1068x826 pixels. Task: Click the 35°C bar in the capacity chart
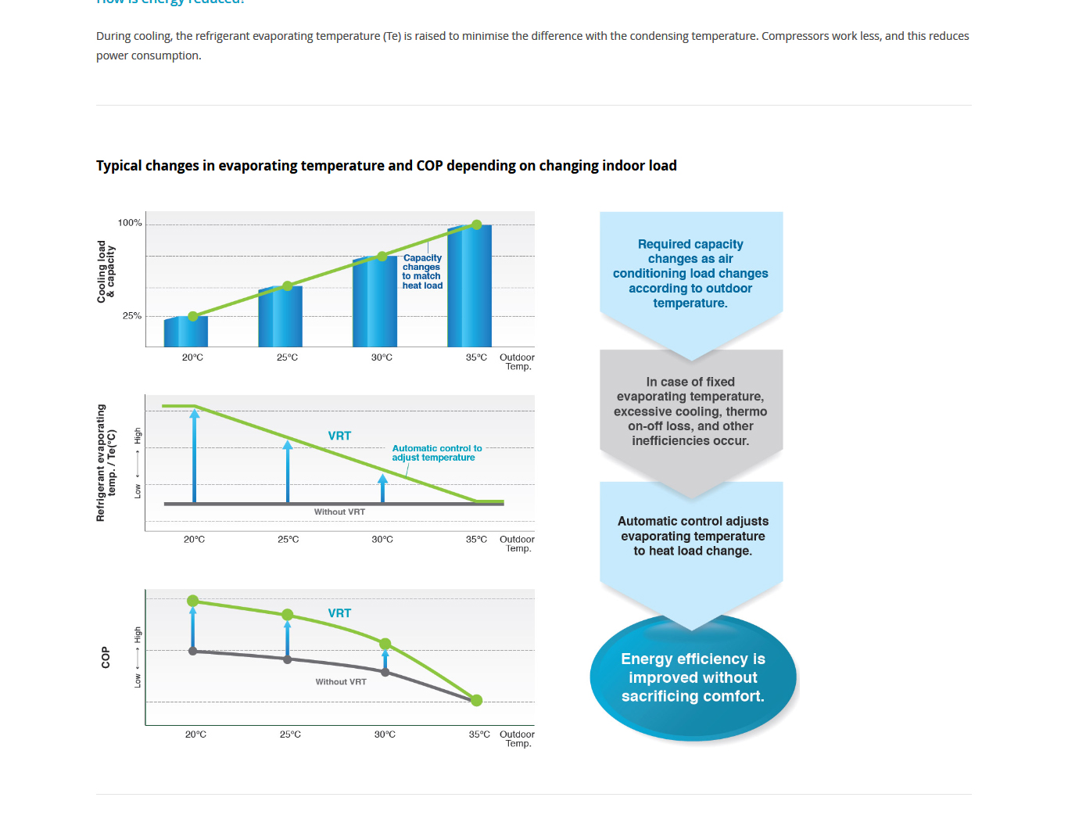point(470,286)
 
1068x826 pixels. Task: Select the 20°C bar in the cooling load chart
point(186,332)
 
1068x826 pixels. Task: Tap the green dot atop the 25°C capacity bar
point(288,286)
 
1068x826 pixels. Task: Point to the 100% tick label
point(130,223)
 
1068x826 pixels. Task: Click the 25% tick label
point(132,316)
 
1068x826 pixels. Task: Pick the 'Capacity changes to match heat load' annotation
point(422,271)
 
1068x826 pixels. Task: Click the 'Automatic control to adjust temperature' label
point(436,453)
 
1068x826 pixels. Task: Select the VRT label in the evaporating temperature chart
point(339,436)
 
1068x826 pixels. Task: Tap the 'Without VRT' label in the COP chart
point(341,682)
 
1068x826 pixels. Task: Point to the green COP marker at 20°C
point(193,601)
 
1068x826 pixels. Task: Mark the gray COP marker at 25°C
point(288,659)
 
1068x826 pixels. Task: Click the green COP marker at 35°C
point(477,700)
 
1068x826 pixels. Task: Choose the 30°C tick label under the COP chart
point(385,734)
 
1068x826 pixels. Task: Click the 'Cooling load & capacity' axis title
point(106,271)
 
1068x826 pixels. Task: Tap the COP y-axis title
point(106,658)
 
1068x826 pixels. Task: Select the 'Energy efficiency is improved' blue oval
point(693,677)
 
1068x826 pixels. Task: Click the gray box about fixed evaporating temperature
point(690,411)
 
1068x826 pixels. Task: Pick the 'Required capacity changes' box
point(690,274)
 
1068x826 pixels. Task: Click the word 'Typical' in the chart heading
point(120,166)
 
